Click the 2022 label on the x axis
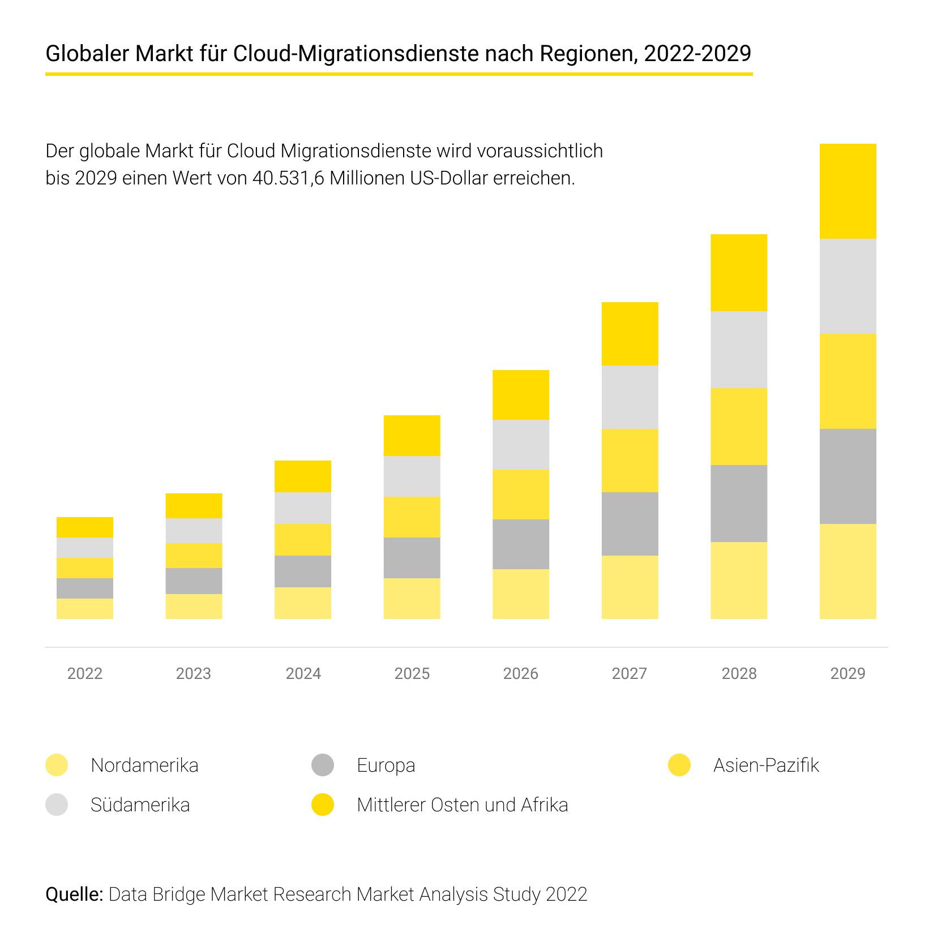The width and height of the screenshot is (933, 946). (x=85, y=673)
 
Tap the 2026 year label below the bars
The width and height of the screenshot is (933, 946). (x=521, y=673)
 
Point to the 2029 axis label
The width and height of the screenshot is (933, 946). (x=848, y=673)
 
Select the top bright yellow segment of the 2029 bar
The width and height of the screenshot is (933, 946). (x=848, y=191)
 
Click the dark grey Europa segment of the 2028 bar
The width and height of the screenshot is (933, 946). (x=739, y=504)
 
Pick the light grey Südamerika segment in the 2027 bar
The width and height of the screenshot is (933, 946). (x=630, y=397)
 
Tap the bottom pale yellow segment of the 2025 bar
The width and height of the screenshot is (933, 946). (x=412, y=598)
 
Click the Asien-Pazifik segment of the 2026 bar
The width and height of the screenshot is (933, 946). (x=521, y=494)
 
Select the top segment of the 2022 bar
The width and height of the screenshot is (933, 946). (x=85, y=527)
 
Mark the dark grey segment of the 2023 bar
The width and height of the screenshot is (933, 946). (x=194, y=581)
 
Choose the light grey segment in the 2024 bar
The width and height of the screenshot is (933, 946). (x=303, y=508)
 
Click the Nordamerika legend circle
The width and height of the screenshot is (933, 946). (x=57, y=765)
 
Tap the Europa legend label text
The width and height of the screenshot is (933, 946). (x=386, y=765)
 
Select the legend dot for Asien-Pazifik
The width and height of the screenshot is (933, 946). (x=679, y=765)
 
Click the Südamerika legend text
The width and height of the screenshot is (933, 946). (x=140, y=805)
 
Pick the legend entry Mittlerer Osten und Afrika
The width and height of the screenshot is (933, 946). (x=462, y=805)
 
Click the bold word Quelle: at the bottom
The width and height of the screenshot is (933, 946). (x=74, y=894)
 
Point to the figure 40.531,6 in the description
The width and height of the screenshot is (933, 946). (x=288, y=178)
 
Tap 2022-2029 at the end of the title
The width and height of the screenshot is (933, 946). (x=697, y=54)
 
